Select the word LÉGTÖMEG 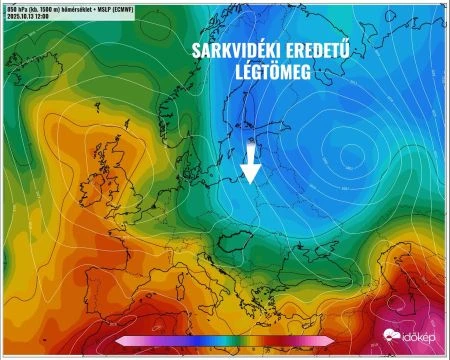click(x=274, y=73)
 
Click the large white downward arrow click(x=251, y=165)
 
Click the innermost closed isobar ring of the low click(x=350, y=152)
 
